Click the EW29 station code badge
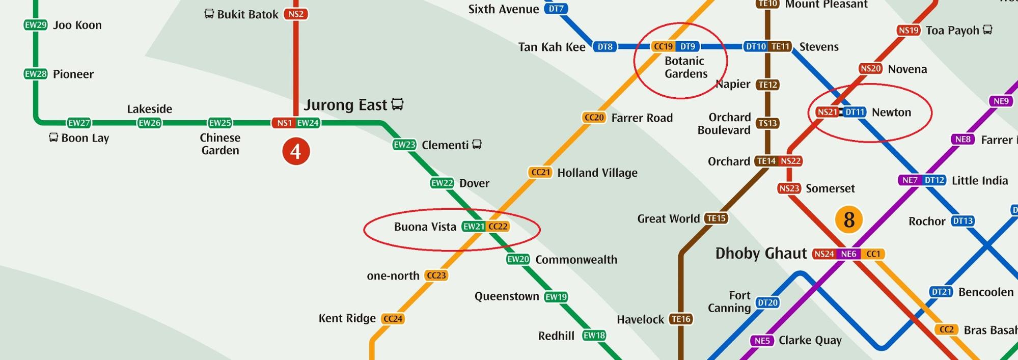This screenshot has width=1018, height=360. [35, 25]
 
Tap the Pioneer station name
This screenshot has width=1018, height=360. [73, 74]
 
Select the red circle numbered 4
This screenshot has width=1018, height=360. [296, 152]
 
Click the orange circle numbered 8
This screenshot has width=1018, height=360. [848, 220]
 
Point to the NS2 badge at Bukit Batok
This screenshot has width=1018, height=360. [296, 14]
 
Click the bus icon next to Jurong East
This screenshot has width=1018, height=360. [397, 104]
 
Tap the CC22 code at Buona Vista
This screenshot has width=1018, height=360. [498, 227]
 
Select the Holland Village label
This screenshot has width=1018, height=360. [597, 173]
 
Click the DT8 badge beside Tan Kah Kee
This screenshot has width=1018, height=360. [605, 47]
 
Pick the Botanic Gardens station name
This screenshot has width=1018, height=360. [685, 67]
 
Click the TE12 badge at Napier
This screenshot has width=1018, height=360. [767, 85]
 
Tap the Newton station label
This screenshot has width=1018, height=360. [891, 113]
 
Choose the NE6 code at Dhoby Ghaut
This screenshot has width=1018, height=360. [848, 254]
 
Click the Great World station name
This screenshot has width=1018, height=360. [668, 219]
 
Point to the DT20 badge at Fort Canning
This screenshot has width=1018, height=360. [767, 303]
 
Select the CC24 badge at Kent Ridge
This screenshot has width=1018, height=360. [393, 319]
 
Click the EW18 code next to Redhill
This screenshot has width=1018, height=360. [594, 336]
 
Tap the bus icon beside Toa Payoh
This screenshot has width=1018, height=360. [987, 30]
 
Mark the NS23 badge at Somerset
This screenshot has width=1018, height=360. [789, 188]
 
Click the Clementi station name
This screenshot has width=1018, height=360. [445, 145]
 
